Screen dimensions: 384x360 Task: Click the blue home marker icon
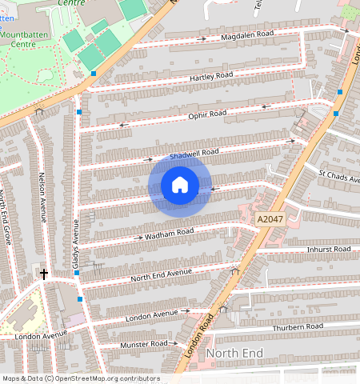(180, 186)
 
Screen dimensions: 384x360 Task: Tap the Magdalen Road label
(249, 34)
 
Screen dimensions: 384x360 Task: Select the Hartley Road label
(211, 76)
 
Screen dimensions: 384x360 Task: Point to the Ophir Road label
(206, 114)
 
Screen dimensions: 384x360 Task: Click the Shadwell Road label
(194, 152)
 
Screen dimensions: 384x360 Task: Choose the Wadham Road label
(170, 234)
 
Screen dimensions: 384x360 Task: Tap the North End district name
(234, 353)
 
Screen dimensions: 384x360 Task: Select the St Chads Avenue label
(338, 176)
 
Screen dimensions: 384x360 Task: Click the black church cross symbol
(44, 274)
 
